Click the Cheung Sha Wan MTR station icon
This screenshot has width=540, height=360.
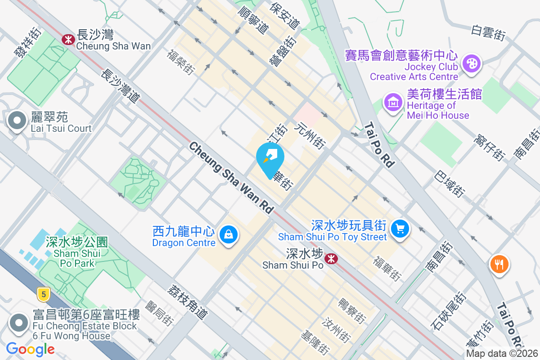[x=68, y=40]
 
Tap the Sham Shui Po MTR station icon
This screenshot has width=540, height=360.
[x=331, y=258]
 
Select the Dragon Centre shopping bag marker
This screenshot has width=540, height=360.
[x=229, y=234]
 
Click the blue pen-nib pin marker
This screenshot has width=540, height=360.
[x=270, y=157]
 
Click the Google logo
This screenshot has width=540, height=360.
[x=30, y=349]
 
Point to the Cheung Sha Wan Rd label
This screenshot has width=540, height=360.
[x=231, y=178]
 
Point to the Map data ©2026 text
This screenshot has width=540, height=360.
[x=502, y=353]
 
